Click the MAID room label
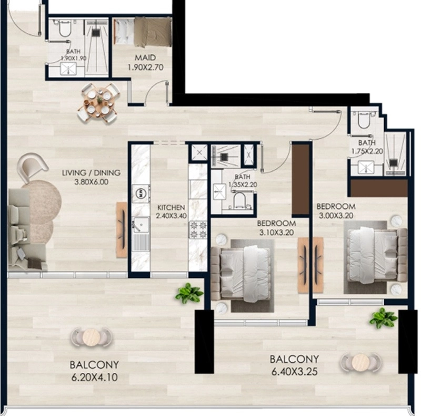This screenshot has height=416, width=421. pyautogui.click(x=145, y=57)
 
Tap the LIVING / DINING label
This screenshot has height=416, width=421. pyautogui.click(x=91, y=173)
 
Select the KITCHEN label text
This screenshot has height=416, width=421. pyautogui.click(x=171, y=207)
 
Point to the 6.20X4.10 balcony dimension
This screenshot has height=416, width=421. pyautogui.click(x=95, y=378)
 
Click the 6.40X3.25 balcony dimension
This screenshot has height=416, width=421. pyautogui.click(x=294, y=372)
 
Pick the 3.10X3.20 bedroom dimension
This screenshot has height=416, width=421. pyautogui.click(x=276, y=232)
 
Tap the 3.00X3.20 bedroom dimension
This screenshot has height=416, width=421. pyautogui.click(x=336, y=216)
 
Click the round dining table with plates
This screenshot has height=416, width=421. pyautogui.click(x=98, y=103)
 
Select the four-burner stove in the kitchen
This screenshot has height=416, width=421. pyautogui.click(x=198, y=229)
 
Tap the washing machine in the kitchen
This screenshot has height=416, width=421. pyautogui.click(x=141, y=193)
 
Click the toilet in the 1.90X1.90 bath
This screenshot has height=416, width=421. pyautogui.click(x=65, y=29)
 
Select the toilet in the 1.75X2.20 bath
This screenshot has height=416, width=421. pyautogui.click(x=364, y=120)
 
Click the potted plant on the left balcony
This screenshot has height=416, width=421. pyautogui.click(x=189, y=293)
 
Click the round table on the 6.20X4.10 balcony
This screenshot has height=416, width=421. pyautogui.click(x=91, y=337)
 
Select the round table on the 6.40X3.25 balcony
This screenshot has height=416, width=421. pyautogui.click(x=360, y=362)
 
